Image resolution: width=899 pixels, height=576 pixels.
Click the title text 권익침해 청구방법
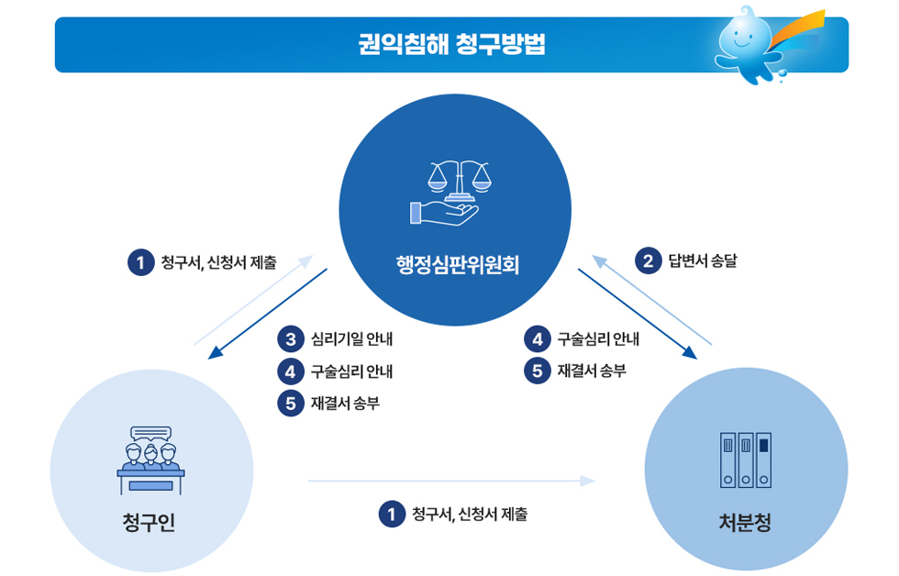click(x=451, y=43)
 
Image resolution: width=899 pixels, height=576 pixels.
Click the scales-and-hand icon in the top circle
click(x=455, y=193)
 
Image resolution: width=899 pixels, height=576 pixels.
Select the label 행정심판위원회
click(x=455, y=266)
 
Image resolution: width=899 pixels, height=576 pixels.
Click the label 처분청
click(x=745, y=523)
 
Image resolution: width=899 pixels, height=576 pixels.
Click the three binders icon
click(x=746, y=460)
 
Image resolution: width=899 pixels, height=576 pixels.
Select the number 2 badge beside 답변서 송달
click(x=649, y=261)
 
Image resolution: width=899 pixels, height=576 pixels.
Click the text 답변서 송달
click(x=703, y=261)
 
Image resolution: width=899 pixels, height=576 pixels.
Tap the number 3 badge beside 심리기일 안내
click(x=290, y=339)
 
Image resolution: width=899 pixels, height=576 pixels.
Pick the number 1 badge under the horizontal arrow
click(x=392, y=514)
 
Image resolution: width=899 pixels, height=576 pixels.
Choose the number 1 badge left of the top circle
click(x=140, y=263)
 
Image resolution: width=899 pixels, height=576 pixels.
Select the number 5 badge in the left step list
click(x=290, y=403)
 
